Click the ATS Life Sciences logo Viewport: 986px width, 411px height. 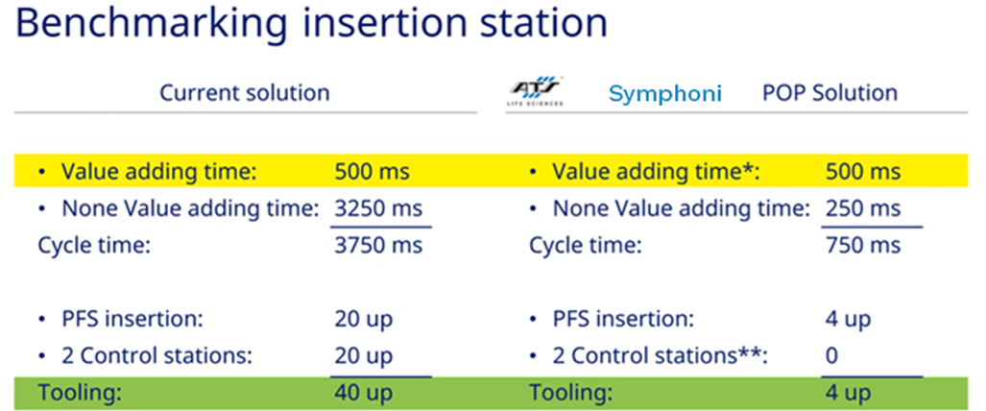pos(537,91)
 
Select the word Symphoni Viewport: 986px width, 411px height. pos(665,94)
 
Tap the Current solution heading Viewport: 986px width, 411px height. pos(245,93)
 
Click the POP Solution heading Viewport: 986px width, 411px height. pos(830,93)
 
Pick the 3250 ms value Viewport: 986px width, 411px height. pos(378,208)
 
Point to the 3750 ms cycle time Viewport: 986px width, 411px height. pos(378,245)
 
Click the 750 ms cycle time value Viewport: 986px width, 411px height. pos(863,245)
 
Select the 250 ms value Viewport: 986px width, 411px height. pos(863,208)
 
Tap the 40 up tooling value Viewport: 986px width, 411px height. pos(364,393)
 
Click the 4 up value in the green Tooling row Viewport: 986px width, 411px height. pos(849,393)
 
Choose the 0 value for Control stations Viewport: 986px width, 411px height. pos(832,356)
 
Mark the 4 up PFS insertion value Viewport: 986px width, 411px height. pos(849,319)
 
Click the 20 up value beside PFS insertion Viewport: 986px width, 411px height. pos(364,319)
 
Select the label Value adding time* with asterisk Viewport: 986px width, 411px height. pos(656,172)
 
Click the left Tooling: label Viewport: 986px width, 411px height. pos(80,393)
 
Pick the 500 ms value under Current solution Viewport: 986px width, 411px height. pos(373,172)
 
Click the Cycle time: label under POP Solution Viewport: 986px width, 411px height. pos(585,245)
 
